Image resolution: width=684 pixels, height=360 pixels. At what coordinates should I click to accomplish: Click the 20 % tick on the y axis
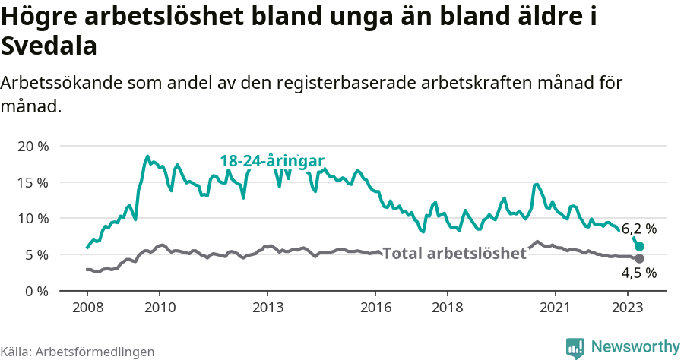point(33,146)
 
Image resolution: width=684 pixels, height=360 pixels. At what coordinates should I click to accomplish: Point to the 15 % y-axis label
point(33,182)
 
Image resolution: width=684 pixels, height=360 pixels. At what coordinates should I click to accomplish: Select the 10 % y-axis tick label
point(33,219)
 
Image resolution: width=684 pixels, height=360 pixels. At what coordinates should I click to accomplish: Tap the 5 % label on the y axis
point(36,254)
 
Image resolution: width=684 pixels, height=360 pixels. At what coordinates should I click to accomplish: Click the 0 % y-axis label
point(36,291)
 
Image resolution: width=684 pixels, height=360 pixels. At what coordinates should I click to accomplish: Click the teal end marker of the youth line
point(640,246)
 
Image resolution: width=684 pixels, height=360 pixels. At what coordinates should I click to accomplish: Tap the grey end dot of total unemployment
point(640,258)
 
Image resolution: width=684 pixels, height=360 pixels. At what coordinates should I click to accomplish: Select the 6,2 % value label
point(639,228)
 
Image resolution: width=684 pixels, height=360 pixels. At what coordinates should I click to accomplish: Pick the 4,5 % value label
point(639,273)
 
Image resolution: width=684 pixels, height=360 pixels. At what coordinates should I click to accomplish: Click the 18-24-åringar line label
point(272,161)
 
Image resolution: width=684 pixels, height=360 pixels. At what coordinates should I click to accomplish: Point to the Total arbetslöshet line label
point(454,254)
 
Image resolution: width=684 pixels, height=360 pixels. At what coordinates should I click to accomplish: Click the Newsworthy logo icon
point(575,347)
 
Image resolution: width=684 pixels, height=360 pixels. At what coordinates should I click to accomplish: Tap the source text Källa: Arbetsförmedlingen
point(78,352)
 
